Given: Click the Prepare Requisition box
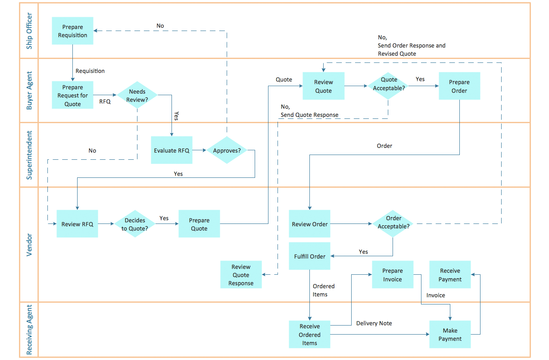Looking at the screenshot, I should click(72, 31).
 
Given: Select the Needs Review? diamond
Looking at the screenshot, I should click(137, 95).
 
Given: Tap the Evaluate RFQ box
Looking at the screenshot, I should click(172, 150).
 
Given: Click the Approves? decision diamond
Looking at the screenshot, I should click(227, 150).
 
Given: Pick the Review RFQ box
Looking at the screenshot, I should click(77, 224).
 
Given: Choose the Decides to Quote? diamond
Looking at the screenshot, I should click(135, 224).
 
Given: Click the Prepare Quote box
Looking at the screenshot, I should click(199, 224).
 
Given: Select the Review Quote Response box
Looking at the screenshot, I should click(241, 275).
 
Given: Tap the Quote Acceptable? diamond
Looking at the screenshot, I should click(388, 86).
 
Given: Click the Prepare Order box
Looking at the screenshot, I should click(459, 86).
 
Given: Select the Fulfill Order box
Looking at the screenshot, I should click(309, 256).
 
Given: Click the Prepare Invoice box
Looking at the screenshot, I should click(393, 275).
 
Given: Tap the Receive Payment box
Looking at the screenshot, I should click(450, 275).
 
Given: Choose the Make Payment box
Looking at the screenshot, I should click(450, 335).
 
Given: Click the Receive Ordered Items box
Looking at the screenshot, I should click(309, 335).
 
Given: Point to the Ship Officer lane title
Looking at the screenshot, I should click(29, 31).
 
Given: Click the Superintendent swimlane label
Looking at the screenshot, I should click(29, 155).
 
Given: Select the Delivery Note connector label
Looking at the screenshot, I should click(374, 323).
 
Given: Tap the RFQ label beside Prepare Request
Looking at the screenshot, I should click(105, 102).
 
